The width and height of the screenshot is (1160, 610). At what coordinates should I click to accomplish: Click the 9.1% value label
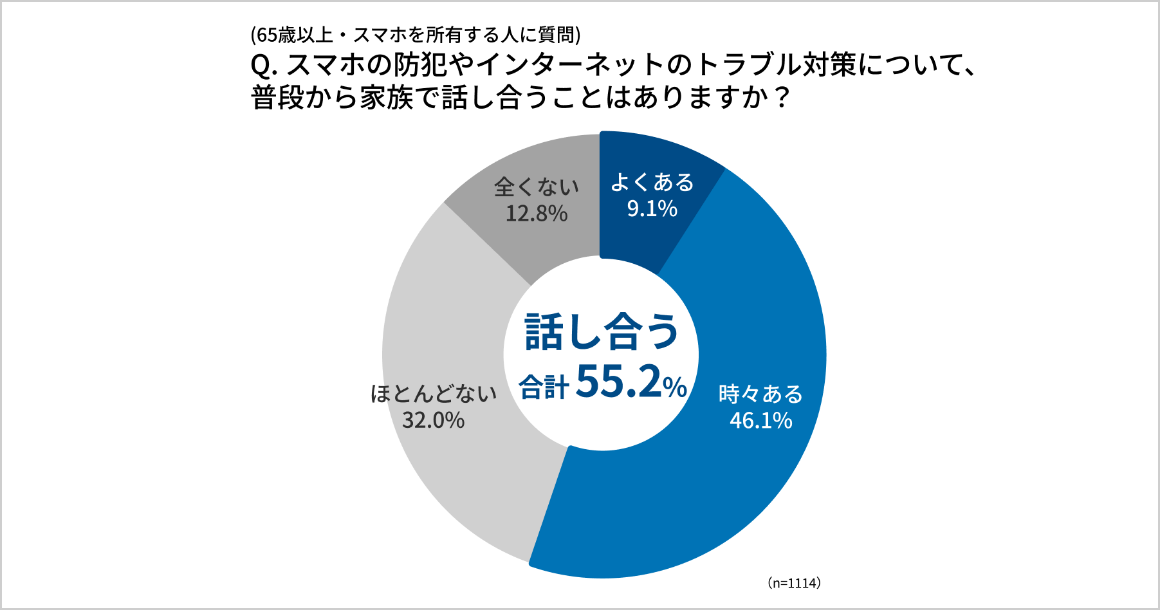(652, 209)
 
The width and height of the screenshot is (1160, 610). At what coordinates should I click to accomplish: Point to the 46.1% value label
(760, 421)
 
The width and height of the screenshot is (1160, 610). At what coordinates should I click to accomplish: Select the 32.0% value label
(433, 421)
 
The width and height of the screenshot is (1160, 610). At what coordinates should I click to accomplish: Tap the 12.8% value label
(536, 214)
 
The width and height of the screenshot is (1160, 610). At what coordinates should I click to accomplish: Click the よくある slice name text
(652, 183)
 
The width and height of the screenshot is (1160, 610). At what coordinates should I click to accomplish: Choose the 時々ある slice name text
(760, 394)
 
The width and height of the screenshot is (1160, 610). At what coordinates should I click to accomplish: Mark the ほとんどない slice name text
(433, 394)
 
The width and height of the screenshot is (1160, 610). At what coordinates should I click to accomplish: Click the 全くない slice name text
(536, 187)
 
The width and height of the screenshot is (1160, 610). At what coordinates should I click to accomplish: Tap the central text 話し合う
(602, 333)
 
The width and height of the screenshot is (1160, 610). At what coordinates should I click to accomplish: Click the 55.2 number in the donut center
(618, 382)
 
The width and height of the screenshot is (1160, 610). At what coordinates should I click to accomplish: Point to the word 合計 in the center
(544, 387)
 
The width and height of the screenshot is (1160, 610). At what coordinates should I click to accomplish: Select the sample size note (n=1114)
(794, 583)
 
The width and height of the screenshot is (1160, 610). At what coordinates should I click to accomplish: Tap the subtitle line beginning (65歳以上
(415, 35)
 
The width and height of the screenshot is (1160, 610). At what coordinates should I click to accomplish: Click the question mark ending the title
(781, 98)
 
